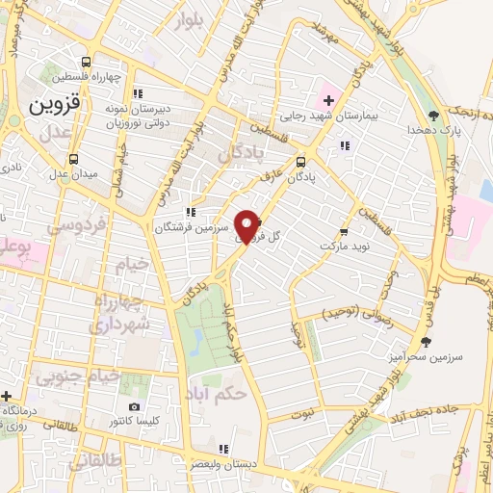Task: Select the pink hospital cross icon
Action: point(325,101)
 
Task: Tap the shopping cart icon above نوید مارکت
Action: point(344,232)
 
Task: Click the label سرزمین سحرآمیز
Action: point(428,356)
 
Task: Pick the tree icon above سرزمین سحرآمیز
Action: point(426,341)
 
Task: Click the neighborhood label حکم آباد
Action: point(220,395)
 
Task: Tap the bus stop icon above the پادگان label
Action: point(301,162)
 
